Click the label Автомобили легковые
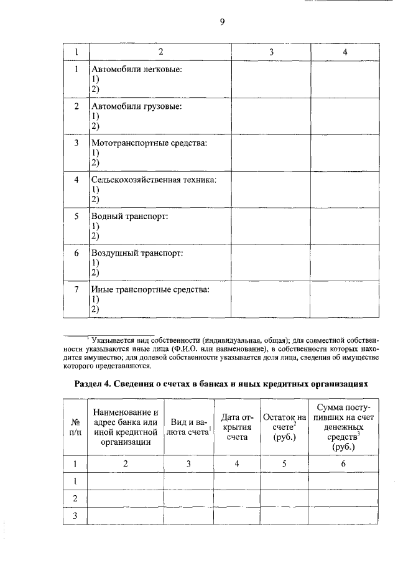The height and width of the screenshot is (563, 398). [137, 69]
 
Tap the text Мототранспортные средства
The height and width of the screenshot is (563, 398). [149, 143]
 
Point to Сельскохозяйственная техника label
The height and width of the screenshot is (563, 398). [154, 180]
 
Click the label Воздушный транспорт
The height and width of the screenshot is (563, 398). [137, 253]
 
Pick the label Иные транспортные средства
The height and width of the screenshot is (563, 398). [150, 289]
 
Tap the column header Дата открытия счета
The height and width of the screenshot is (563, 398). [236, 427]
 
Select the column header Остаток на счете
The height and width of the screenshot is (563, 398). [284, 427]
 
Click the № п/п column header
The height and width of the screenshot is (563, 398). [75, 427]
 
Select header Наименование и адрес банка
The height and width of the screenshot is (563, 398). [126, 427]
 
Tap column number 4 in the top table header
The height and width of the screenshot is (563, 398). [345, 52]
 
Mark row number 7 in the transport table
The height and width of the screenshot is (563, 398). [76, 289]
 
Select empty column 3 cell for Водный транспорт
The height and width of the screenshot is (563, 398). [271, 227]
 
